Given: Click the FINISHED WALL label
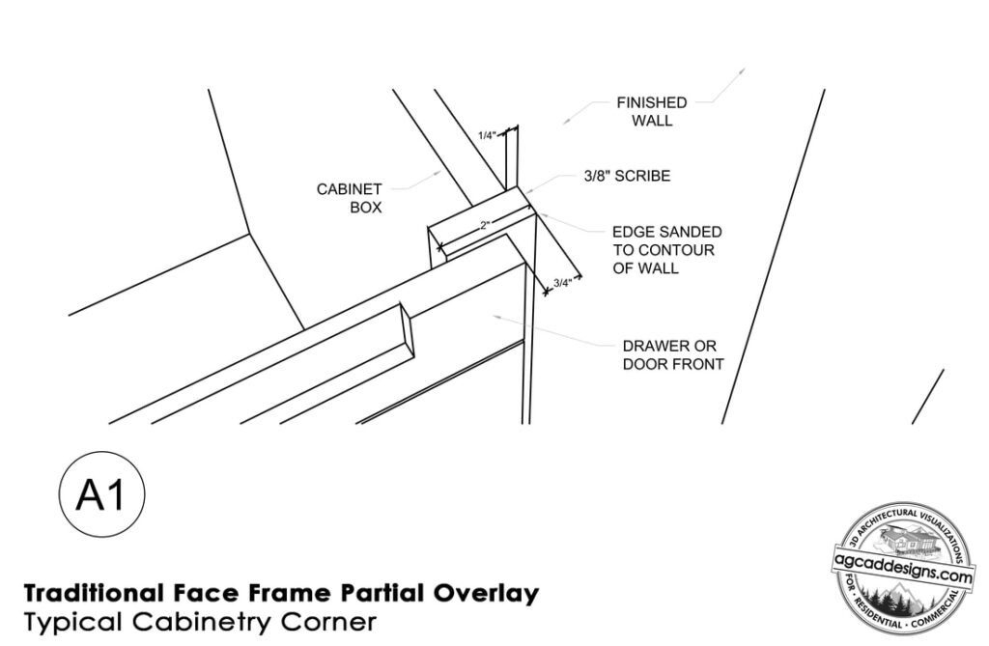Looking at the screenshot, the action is pos(652,112).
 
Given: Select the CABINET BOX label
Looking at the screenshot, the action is pos(350,198).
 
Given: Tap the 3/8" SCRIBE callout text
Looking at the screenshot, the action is pos(627,176).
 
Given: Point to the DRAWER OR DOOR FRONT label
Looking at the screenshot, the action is pos(673,355).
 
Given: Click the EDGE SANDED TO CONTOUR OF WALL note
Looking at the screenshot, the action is pos(667,250).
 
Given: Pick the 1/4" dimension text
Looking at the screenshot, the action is pos(487,135).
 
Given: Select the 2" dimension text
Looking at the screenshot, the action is pos(485,225).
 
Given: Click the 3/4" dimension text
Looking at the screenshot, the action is pos(563,283).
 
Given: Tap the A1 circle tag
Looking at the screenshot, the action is pos(101,494).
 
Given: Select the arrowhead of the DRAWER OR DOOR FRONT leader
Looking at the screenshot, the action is pos(498,316).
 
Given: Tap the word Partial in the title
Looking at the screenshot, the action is pos(381,593).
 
